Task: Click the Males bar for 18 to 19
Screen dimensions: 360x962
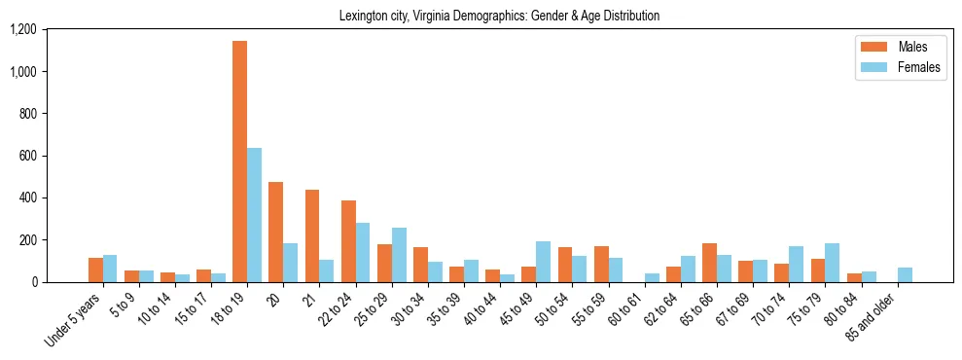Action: point(239,162)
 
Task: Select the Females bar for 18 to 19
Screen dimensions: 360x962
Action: point(254,215)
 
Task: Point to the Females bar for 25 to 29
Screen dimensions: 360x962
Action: point(399,255)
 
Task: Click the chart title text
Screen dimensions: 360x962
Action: point(499,17)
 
